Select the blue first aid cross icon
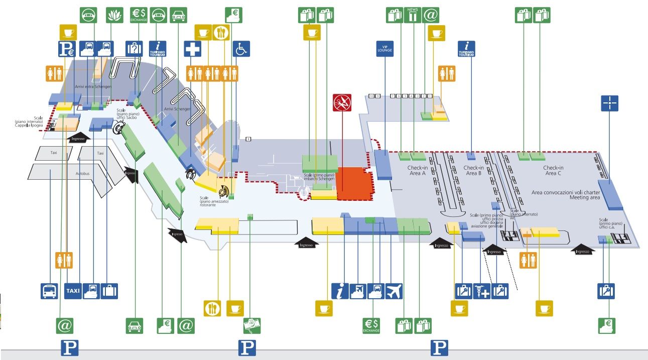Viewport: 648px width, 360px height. tap(193, 49)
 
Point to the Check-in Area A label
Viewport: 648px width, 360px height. tap(417, 171)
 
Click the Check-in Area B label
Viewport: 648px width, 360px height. tap(473, 171)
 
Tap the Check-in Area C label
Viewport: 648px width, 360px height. tap(553, 171)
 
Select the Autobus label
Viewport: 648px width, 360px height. tap(83, 173)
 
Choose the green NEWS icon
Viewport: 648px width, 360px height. tap(413, 15)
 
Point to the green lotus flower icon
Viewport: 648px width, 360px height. tap(115, 15)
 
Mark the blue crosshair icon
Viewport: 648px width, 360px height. tap(610, 103)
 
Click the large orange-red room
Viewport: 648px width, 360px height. tap(355, 184)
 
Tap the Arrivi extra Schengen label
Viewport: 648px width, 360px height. tap(93, 87)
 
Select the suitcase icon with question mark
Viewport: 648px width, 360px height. tap(134, 49)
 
